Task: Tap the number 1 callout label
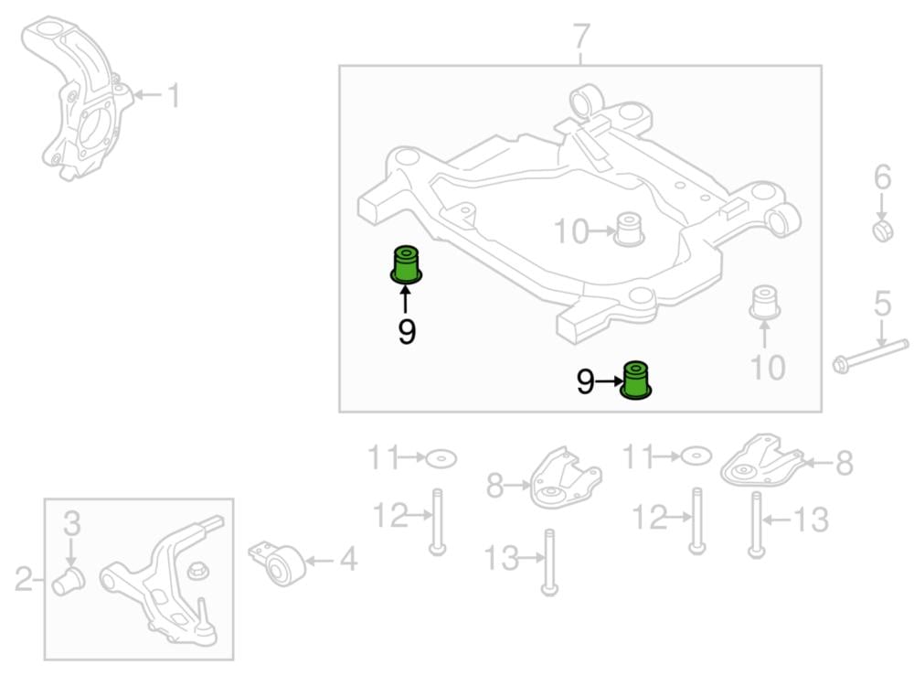coord(173,95)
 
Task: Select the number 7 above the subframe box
coord(581,38)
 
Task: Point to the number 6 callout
coord(882,177)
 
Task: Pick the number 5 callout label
coord(882,304)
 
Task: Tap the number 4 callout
coord(348,559)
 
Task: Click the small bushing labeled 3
coord(69,580)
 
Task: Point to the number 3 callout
coord(71,525)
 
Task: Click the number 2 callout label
coord(24,578)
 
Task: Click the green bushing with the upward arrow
coord(406,264)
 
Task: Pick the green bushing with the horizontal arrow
coord(637,380)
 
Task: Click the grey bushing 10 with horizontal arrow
coord(629,229)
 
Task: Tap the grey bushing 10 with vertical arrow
coord(764,303)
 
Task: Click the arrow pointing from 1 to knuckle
coord(148,94)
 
